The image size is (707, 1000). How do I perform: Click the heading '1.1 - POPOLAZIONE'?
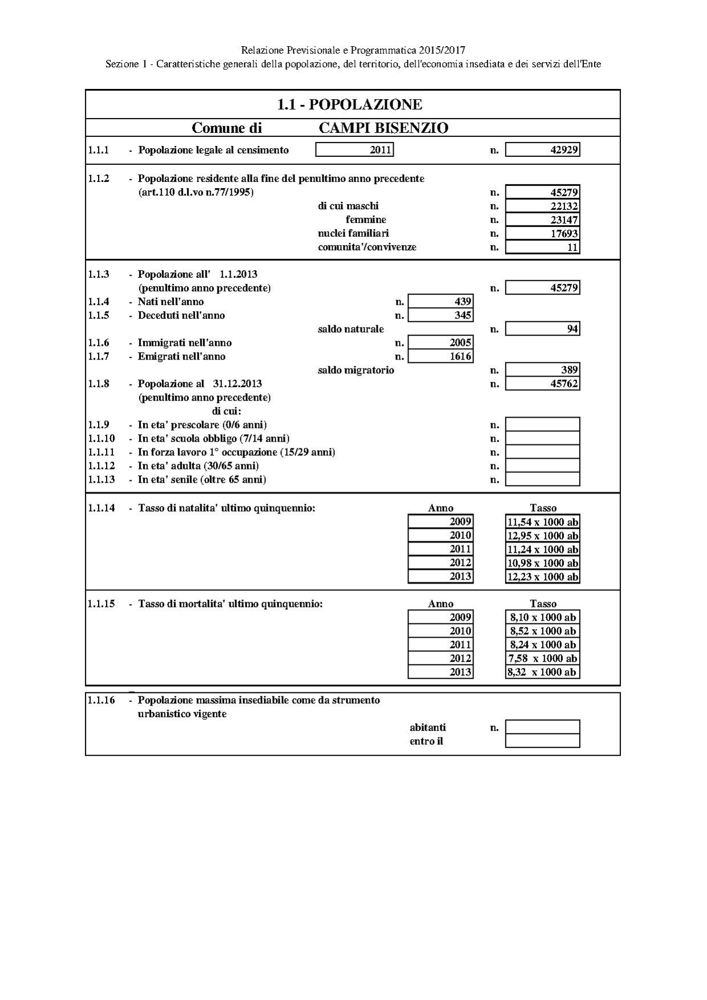click(349, 104)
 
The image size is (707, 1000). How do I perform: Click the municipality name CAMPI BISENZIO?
click(383, 128)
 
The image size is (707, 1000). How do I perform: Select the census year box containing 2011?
click(354, 150)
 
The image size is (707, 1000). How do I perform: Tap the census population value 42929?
click(543, 150)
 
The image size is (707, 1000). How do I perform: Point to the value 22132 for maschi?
click(543, 206)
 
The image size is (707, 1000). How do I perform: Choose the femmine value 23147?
click(543, 220)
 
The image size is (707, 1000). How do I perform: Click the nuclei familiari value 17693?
click(543, 233)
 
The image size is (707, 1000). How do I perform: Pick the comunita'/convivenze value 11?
click(543, 247)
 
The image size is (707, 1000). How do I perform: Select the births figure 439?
click(441, 302)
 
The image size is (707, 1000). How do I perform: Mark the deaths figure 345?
click(441, 315)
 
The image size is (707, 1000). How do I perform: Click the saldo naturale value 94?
click(543, 329)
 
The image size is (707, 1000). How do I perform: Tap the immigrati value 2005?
click(441, 343)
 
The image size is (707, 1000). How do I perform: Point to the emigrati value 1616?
click(441, 357)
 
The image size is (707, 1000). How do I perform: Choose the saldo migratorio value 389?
click(543, 370)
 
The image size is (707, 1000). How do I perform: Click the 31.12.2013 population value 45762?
click(543, 384)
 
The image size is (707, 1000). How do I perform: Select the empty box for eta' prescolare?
click(543, 424)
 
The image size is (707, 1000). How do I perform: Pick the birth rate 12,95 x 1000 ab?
click(543, 536)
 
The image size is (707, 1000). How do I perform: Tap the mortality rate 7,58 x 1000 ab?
click(543, 658)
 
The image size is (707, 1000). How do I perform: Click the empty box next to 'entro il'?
click(543, 741)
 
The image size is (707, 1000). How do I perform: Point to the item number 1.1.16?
click(102, 700)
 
